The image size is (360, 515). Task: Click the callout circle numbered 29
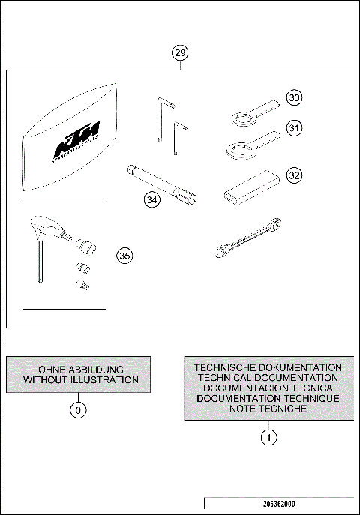point(180,52)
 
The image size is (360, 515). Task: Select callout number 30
point(295,97)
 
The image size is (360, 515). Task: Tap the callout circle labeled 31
point(295,128)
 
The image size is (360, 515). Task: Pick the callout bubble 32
point(295,175)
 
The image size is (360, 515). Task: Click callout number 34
point(153,200)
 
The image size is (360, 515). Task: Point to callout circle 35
point(124,256)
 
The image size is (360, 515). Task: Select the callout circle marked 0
point(76,410)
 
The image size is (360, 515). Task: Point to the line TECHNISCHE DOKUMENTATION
point(268,367)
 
